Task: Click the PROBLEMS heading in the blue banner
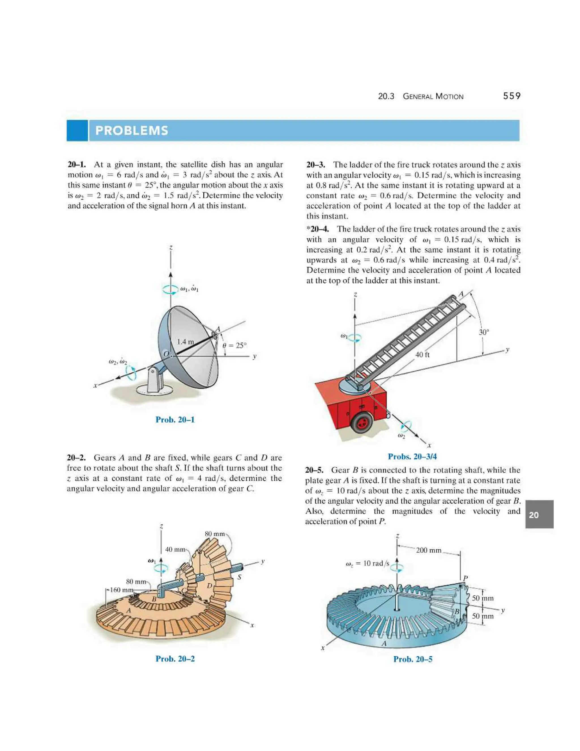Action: [132, 131]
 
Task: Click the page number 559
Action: [512, 96]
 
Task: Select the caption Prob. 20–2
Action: [175, 659]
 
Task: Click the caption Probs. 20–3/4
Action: [412, 456]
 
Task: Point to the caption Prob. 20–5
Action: [413, 659]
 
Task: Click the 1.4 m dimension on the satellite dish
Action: [185, 342]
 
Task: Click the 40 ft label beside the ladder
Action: [422, 355]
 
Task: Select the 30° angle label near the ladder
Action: [483, 332]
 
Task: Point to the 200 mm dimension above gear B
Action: [428, 550]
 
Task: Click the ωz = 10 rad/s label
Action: [367, 563]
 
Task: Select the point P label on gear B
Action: [465, 578]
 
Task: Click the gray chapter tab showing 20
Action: [539, 515]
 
